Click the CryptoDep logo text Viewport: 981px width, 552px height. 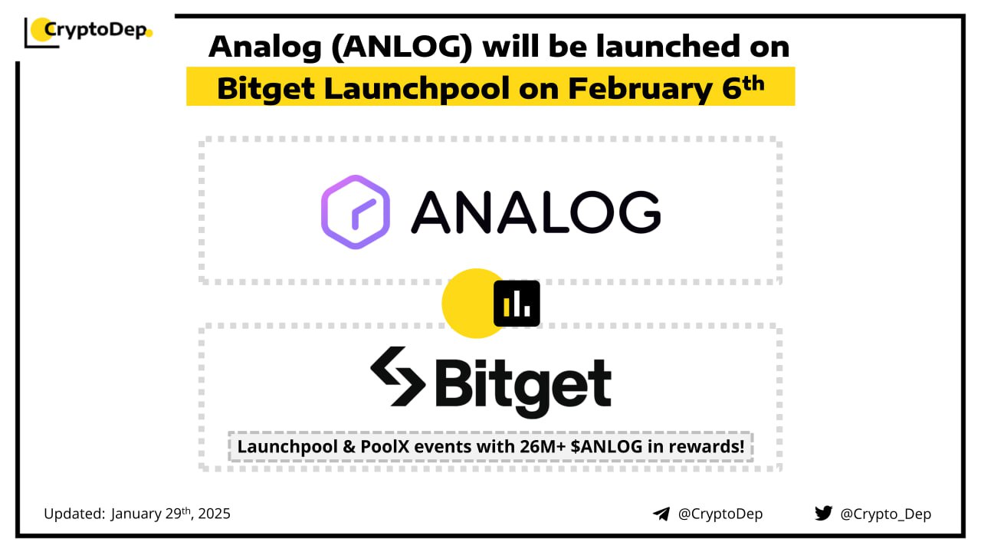(x=96, y=30)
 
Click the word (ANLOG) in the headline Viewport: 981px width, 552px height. (x=402, y=47)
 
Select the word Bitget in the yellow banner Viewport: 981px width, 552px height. (x=266, y=89)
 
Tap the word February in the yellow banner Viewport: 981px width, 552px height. (x=640, y=89)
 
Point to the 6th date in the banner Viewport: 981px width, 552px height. (x=743, y=87)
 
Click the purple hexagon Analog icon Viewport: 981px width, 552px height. (x=355, y=212)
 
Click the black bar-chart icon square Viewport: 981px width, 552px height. (x=517, y=304)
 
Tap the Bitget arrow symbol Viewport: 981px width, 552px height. (x=398, y=376)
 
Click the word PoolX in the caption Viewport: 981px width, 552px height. (x=385, y=447)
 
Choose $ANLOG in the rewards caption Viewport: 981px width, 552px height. (x=606, y=447)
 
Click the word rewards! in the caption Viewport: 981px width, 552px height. (x=707, y=447)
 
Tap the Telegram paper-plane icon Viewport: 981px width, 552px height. (x=661, y=514)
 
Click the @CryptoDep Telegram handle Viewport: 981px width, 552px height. (x=720, y=514)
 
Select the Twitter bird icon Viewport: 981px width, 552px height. (x=823, y=514)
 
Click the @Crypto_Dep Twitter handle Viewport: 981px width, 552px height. (x=885, y=514)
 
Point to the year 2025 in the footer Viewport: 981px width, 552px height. (x=214, y=514)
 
